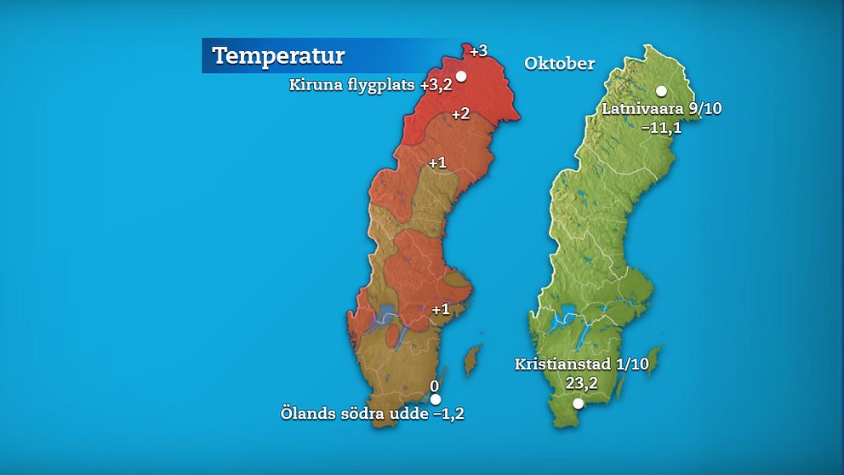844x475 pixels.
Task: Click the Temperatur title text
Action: pos(278,56)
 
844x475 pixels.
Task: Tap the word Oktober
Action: pos(559,64)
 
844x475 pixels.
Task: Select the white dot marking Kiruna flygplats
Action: pos(461,76)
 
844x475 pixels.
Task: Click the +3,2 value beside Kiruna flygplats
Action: pos(436,85)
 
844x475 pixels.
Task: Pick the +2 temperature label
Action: pos(460,114)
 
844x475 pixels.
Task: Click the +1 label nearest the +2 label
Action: pos(437,163)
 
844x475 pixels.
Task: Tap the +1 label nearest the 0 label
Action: pos(440,309)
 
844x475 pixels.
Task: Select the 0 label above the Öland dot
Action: pos(434,386)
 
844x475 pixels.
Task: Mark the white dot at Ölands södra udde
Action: pos(435,399)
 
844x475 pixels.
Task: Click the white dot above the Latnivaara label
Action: pos(660,91)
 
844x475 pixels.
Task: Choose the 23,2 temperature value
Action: pos(581,383)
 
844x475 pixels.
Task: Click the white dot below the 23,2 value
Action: pos(578,404)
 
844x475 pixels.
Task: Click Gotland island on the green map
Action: pos(652,359)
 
